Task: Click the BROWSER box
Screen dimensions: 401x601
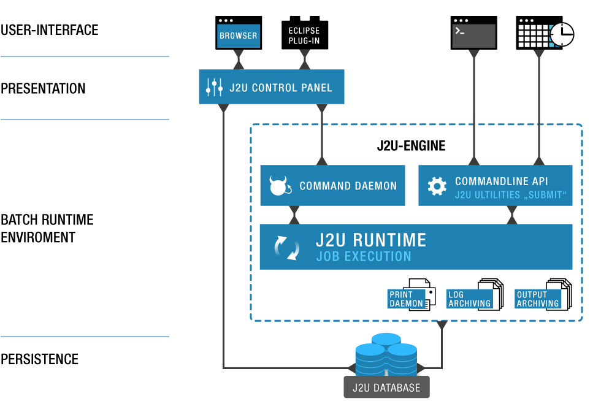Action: pyautogui.click(x=239, y=36)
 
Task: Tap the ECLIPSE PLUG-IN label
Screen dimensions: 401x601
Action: pyautogui.click(x=304, y=36)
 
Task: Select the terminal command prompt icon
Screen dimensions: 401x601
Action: pyautogui.click(x=473, y=36)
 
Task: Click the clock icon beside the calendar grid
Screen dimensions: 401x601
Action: pyautogui.click(x=561, y=35)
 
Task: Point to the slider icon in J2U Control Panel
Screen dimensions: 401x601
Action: pyautogui.click(x=214, y=87)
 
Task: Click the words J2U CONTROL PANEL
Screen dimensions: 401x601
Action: pyautogui.click(x=281, y=88)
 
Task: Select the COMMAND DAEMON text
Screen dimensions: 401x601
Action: pyautogui.click(x=348, y=186)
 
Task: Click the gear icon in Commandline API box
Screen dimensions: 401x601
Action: pyautogui.click(x=437, y=186)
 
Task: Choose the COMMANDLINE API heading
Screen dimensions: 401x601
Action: pyautogui.click(x=501, y=181)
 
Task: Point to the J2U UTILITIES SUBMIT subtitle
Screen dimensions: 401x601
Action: pyautogui.click(x=510, y=195)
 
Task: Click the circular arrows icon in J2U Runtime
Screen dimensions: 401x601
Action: pyautogui.click(x=287, y=247)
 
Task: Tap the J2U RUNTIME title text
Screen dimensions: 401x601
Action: pyautogui.click(x=370, y=239)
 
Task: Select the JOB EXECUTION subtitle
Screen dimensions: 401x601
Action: pyautogui.click(x=363, y=256)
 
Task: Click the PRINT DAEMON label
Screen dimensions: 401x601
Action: pyautogui.click(x=406, y=299)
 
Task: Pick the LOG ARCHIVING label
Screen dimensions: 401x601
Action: pyautogui.click(x=469, y=299)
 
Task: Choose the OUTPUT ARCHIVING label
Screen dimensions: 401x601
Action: pyautogui.click(x=537, y=299)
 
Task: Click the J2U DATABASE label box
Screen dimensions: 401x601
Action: pyautogui.click(x=386, y=388)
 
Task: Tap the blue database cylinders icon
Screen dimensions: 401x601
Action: pyautogui.click(x=386, y=356)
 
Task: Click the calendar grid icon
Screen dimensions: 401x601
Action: pyautogui.click(x=534, y=36)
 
